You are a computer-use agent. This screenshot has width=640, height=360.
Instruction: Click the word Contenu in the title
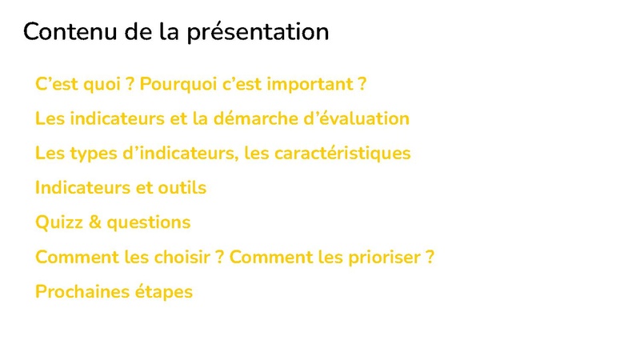click(x=70, y=31)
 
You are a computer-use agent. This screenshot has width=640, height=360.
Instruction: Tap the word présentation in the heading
click(x=258, y=33)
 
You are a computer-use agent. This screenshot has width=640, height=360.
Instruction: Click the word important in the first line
click(x=310, y=85)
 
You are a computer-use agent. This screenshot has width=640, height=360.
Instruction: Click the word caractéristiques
click(x=342, y=154)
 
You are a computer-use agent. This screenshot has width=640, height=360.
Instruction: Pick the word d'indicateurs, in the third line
click(x=181, y=154)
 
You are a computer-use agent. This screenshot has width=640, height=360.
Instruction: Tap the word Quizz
click(x=59, y=223)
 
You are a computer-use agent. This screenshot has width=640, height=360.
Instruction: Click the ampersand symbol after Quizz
click(x=94, y=222)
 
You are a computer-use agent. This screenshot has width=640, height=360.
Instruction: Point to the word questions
click(x=149, y=223)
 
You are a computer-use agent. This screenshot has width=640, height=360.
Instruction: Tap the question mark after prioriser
click(x=430, y=257)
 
